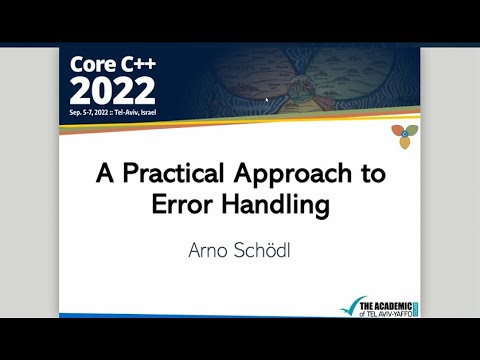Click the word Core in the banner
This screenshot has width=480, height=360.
pyautogui.click(x=91, y=65)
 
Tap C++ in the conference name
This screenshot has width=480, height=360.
pyautogui.click(x=136, y=65)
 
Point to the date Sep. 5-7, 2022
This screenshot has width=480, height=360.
pyautogui.click(x=93, y=110)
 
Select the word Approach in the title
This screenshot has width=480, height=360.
pyautogui.click(x=295, y=173)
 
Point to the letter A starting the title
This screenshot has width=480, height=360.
pyautogui.click(x=104, y=173)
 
